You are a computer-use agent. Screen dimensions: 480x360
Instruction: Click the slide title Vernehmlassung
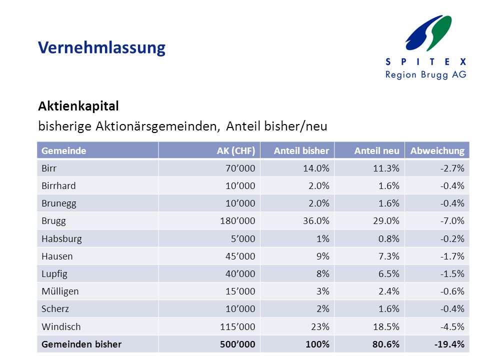101,48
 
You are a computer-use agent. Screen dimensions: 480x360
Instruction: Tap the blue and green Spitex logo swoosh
428,33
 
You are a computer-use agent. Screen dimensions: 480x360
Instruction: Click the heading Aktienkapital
78,106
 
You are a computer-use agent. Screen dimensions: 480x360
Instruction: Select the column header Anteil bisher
301,150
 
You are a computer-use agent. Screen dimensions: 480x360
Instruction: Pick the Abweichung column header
437,150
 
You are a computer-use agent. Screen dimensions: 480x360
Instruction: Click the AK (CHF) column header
235,150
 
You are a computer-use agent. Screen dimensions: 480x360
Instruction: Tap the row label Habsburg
61,239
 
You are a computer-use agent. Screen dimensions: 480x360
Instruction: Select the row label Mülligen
60,291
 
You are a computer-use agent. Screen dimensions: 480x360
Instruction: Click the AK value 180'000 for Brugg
237,220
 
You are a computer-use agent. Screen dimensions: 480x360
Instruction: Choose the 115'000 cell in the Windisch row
237,326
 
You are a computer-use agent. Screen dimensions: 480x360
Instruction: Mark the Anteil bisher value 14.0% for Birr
316,168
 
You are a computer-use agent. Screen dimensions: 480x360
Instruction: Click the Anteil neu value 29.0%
386,220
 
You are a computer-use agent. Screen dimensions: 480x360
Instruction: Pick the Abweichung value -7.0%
452,220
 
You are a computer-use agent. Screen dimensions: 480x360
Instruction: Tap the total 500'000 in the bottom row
237,344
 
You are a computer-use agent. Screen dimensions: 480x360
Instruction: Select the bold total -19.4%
449,344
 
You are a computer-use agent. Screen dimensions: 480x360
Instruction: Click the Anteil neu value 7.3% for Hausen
389,256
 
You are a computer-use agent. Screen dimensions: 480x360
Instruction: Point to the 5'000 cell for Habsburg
243,238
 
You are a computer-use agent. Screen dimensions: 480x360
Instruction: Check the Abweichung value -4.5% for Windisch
452,326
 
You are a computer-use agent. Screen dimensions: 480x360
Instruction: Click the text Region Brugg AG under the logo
426,74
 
